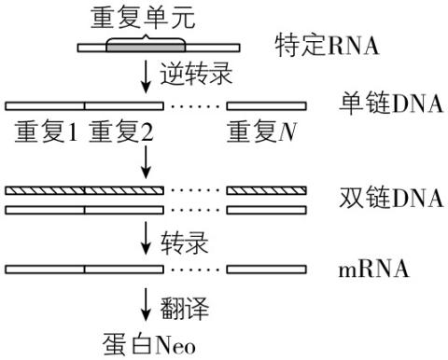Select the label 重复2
tap(120, 133)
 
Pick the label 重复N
tap(264, 133)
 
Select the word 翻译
tap(177, 303)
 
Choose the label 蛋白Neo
tap(147, 343)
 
